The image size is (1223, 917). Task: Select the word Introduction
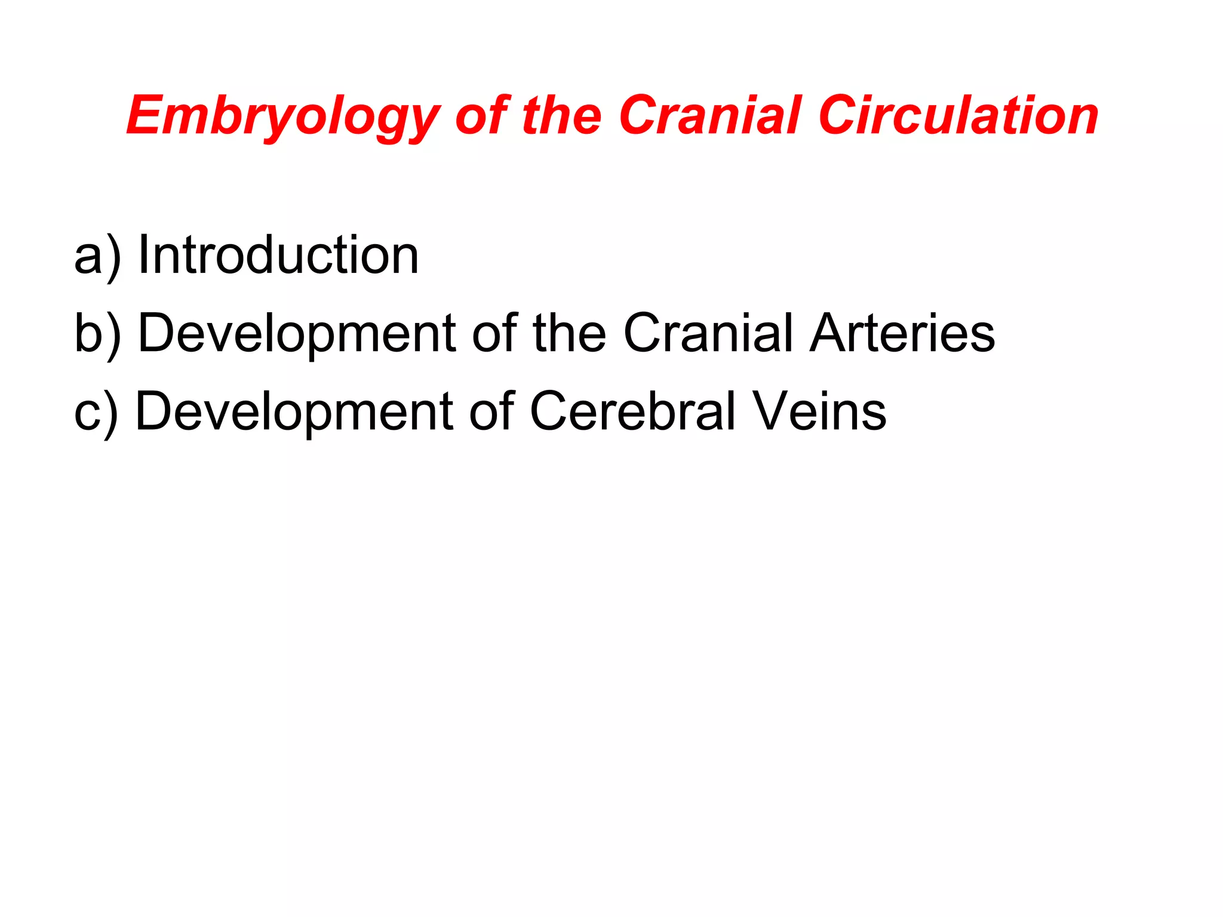278,256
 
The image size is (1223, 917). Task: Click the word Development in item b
297,333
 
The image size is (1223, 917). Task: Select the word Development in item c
294,412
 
